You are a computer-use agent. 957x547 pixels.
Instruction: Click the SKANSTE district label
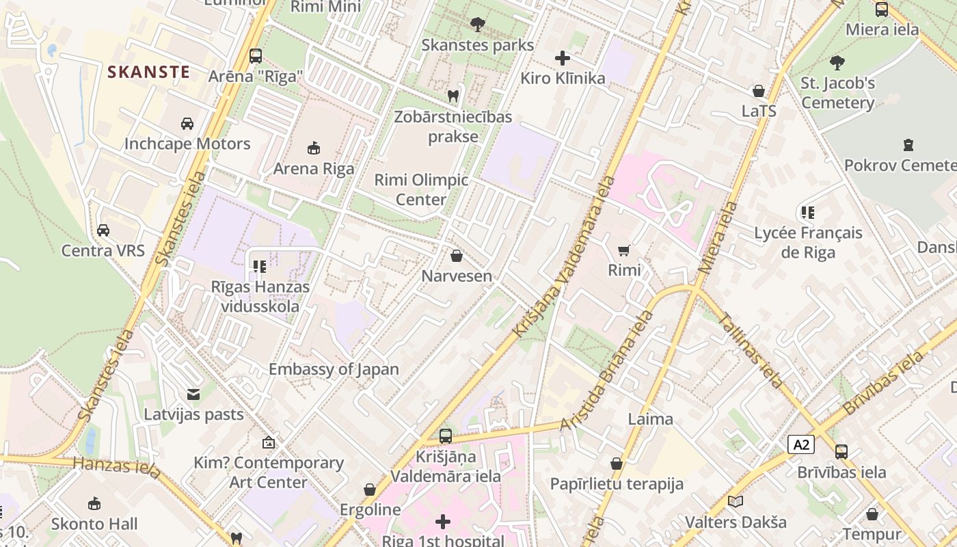pos(148,72)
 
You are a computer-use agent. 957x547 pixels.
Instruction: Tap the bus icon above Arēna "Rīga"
pos(256,56)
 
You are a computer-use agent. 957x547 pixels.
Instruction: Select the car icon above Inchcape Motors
pos(187,124)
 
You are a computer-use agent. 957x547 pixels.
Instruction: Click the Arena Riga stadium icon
pos(314,148)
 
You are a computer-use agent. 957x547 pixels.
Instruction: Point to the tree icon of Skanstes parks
pos(477,25)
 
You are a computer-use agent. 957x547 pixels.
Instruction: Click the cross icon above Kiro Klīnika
pos(563,58)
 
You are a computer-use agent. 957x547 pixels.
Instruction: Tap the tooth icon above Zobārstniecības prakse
pos(453,96)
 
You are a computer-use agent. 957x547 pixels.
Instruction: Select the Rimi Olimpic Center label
pos(421,189)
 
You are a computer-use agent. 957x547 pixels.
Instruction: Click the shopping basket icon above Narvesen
pos(457,256)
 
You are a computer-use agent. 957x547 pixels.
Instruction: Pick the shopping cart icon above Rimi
pos(623,250)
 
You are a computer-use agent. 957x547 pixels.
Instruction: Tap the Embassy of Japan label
pos(334,369)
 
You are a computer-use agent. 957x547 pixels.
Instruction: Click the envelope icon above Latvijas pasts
pos(193,394)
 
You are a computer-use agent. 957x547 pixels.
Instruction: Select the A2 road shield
pos(801,445)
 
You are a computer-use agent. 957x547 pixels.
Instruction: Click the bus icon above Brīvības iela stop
pos(841,451)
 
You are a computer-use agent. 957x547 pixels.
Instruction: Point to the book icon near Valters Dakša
pos(736,502)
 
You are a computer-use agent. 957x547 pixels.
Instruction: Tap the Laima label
pos(650,418)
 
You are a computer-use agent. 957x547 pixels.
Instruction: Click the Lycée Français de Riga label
pos(808,242)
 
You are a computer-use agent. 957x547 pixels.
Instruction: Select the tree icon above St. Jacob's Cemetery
pos(837,63)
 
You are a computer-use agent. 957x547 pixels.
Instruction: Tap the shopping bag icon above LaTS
pos(758,91)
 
